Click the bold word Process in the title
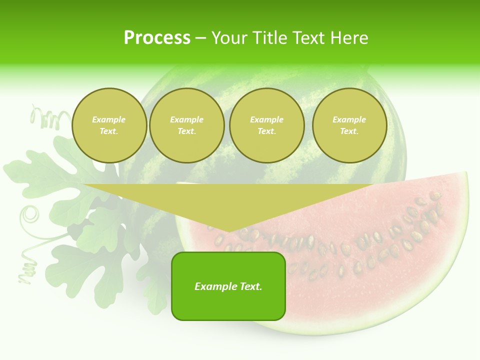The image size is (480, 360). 157,38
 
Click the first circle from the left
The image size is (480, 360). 109,125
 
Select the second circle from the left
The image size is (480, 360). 187,125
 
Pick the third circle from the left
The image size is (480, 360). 267,125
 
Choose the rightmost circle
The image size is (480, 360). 349,125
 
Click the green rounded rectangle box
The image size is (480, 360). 228,286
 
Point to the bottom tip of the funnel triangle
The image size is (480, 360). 228,231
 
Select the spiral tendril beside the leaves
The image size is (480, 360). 29,215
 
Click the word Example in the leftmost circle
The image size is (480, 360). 109,120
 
